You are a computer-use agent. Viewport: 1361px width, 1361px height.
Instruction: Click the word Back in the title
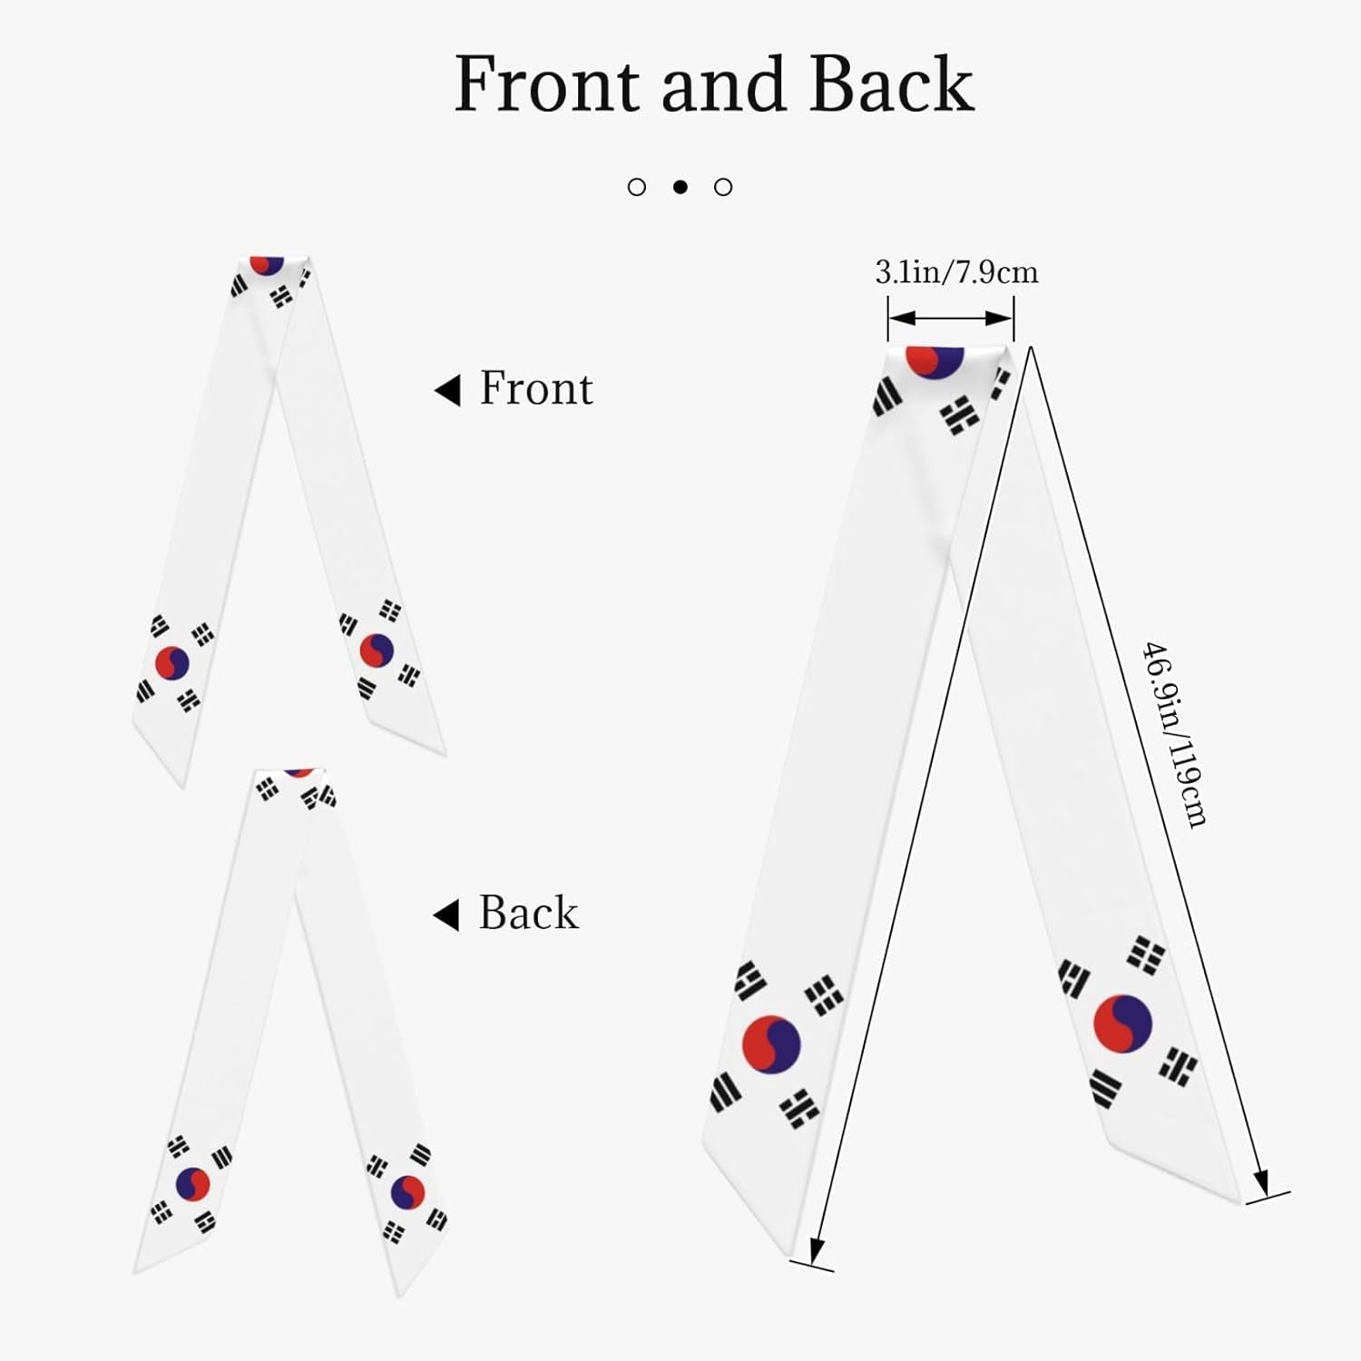click(891, 84)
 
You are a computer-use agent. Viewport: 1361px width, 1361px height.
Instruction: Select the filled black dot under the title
click(680, 187)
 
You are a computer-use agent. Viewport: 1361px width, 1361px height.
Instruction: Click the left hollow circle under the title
click(637, 187)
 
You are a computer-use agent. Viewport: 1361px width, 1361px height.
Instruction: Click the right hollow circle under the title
click(723, 187)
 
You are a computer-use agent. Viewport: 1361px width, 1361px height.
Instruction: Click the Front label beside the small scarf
click(535, 388)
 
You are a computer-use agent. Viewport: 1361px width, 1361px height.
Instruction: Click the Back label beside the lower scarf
click(528, 913)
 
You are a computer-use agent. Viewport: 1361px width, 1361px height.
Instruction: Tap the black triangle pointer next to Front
click(447, 390)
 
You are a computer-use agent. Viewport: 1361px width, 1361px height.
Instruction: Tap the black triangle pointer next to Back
click(446, 915)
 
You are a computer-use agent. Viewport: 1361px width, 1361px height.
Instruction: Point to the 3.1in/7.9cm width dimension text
click(956, 272)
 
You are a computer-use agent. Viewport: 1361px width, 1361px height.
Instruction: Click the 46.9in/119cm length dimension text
click(1174, 735)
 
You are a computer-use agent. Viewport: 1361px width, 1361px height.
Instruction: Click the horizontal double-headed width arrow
click(950, 318)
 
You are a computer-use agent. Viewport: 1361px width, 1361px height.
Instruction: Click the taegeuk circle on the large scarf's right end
click(1122, 1023)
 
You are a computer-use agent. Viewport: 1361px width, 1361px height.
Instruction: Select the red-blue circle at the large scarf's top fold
click(935, 362)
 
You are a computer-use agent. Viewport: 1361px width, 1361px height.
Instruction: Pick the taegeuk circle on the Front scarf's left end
click(171, 663)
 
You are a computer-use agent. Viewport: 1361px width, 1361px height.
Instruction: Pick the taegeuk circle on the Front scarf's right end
click(377, 650)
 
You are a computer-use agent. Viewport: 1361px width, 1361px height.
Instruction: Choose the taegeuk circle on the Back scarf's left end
click(192, 1183)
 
